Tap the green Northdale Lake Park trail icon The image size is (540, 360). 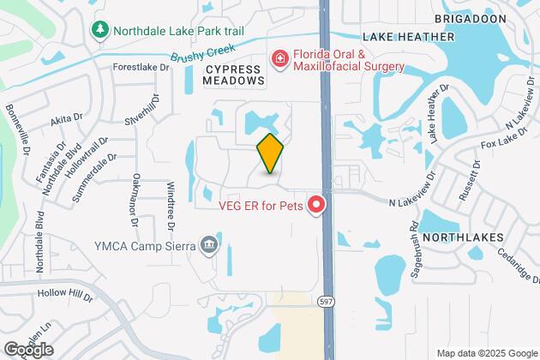100,31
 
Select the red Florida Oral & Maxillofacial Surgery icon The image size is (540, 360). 279,58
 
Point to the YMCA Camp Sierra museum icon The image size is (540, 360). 209,248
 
